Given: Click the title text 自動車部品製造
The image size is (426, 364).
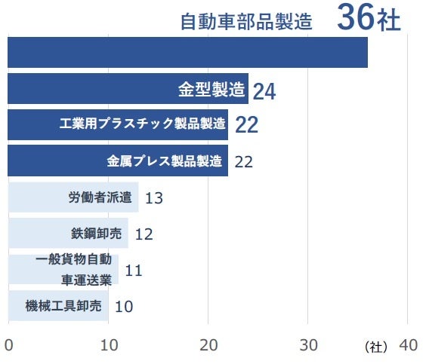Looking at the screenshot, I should click(x=246, y=22).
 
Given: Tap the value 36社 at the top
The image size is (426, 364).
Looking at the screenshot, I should click(x=369, y=19).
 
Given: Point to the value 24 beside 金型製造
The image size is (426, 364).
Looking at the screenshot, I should click(x=264, y=92).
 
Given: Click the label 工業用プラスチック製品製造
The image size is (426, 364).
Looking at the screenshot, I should click(x=143, y=124).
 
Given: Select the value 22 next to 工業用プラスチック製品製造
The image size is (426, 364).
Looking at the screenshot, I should click(x=246, y=125).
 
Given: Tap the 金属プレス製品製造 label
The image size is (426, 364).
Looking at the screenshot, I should click(x=165, y=161).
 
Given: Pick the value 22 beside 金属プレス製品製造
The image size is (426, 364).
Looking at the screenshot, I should click(x=243, y=161).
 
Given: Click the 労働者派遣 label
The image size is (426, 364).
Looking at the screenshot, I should click(x=100, y=197).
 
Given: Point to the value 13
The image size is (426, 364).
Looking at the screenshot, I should click(x=154, y=198).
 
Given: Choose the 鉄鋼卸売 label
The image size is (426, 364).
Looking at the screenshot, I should click(x=96, y=233).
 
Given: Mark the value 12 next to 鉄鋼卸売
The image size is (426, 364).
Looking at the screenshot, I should click(x=144, y=234).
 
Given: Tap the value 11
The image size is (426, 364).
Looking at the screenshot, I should click(x=134, y=270).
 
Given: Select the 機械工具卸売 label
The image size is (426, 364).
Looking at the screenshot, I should click(x=63, y=305).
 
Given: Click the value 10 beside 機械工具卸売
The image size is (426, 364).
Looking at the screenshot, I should click(x=124, y=306).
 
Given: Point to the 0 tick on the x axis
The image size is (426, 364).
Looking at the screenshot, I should click(x=8, y=345).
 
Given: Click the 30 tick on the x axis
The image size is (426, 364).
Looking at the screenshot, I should click(x=308, y=345).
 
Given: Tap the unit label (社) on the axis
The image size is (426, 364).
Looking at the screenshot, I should click(x=375, y=347).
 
